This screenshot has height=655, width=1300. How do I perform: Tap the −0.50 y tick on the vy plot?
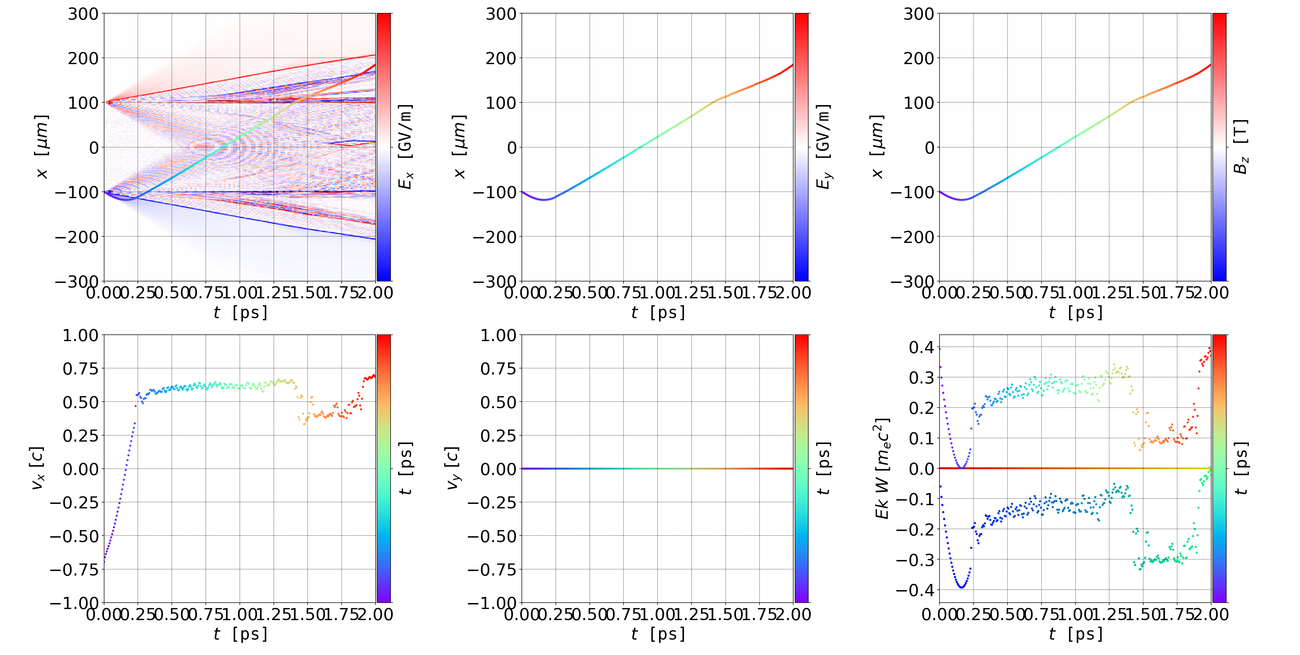(492, 536)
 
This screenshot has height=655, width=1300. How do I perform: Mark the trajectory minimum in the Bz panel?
(962, 200)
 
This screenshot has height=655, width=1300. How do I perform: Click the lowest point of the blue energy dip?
(961, 587)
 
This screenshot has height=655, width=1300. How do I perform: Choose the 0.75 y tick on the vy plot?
(499, 369)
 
